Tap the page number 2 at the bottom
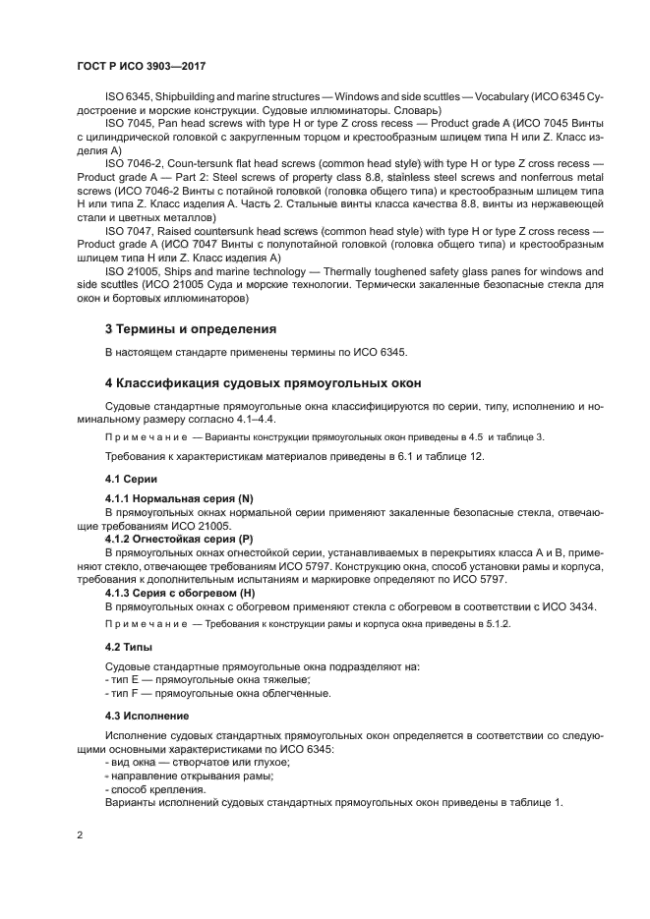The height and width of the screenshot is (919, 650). point(80,835)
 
